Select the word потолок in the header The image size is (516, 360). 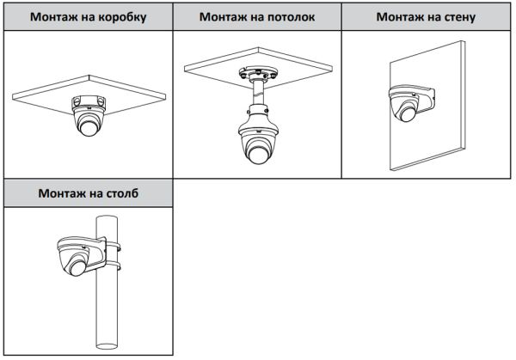coord(288,17)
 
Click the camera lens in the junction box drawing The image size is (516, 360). coord(88,130)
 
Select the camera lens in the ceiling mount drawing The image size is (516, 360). coord(255,155)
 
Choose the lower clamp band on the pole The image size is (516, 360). coord(110,267)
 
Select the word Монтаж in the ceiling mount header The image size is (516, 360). coord(227,17)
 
